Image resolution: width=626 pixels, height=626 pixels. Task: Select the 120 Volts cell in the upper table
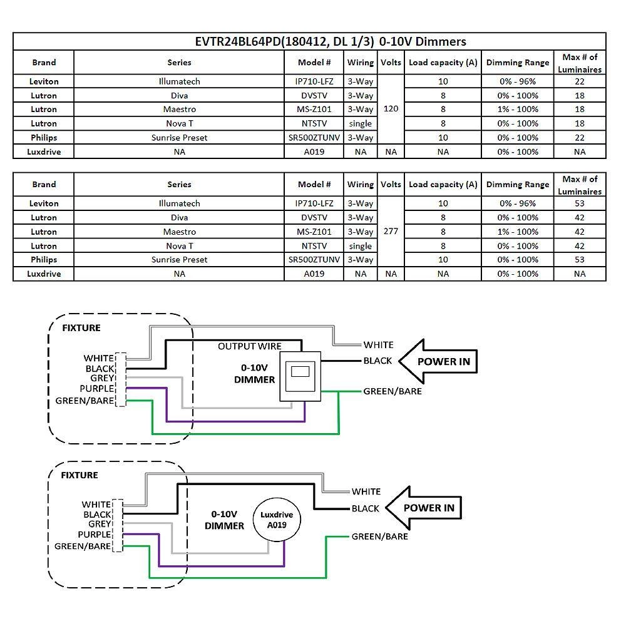(x=391, y=109)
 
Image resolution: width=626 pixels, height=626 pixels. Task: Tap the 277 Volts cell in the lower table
(x=391, y=231)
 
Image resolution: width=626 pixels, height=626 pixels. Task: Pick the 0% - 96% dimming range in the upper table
(x=518, y=81)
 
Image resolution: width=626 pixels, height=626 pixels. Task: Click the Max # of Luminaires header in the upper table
(x=579, y=63)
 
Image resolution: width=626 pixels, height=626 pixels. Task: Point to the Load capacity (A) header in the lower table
(x=443, y=185)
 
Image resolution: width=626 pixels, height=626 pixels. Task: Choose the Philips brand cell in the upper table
(x=43, y=138)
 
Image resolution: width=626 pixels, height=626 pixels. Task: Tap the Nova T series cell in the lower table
(x=179, y=246)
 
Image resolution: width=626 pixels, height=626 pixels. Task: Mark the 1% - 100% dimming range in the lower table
(x=518, y=232)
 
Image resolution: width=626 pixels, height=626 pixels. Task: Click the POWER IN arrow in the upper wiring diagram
(x=438, y=361)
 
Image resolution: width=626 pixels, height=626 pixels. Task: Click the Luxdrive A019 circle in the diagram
(x=276, y=520)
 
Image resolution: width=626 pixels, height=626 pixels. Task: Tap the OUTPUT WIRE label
(x=250, y=346)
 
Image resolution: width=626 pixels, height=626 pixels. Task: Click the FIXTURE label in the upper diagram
(x=81, y=328)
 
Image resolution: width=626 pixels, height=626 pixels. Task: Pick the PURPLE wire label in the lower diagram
(x=95, y=535)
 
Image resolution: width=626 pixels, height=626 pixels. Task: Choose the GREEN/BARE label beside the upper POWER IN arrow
(x=393, y=391)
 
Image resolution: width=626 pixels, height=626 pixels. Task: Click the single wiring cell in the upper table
(x=361, y=123)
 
